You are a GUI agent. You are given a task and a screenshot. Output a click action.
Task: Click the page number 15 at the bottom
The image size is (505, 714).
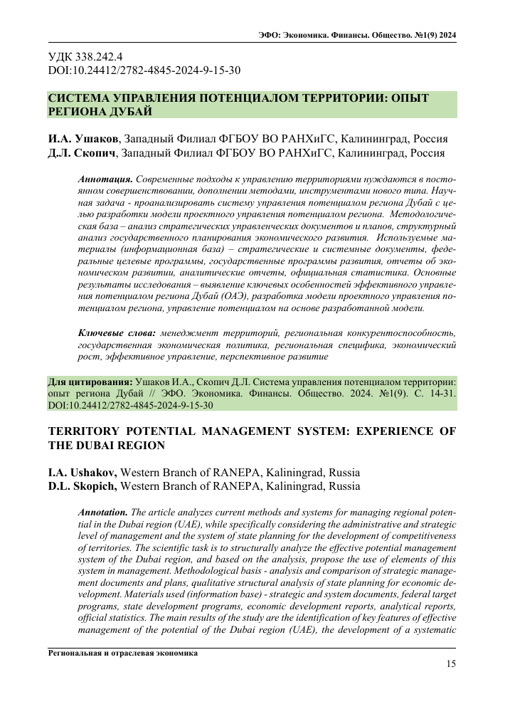[450, 664]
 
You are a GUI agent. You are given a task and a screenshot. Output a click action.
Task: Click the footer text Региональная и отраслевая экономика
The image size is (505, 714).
[123, 653]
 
